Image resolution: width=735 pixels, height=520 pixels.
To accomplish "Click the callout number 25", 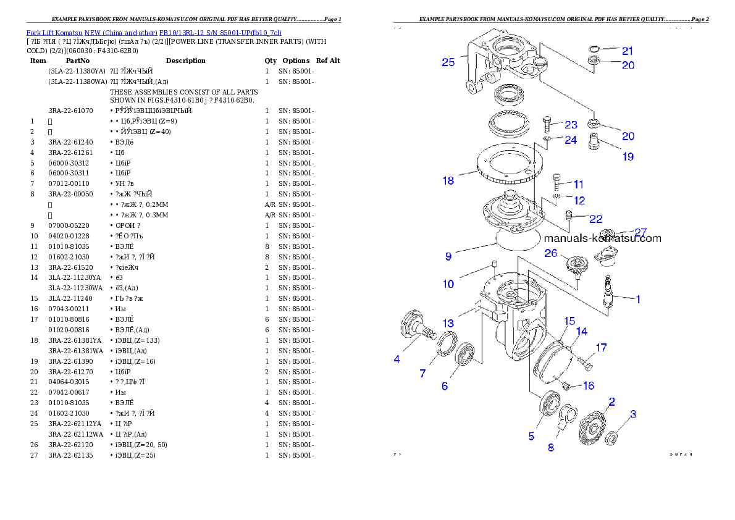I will pos(448,62).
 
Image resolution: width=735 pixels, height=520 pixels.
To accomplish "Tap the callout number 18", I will pos(448,180).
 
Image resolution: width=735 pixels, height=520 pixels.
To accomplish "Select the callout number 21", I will pos(628,51).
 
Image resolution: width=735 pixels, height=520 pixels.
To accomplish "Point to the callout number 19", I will pos(628,156).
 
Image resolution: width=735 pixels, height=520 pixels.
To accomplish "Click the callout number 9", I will pos(448,256).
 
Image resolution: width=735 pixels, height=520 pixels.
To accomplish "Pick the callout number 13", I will pos(448,323).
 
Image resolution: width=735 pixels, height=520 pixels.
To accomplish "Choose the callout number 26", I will pos(550,253).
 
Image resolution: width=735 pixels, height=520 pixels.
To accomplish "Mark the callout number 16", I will pos(588,385).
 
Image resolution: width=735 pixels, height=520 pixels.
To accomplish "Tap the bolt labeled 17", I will pos(584,363).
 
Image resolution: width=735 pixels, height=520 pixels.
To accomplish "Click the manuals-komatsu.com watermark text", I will pos(602,238).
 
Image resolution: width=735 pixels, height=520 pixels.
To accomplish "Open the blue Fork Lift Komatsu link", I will pos(154,33).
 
